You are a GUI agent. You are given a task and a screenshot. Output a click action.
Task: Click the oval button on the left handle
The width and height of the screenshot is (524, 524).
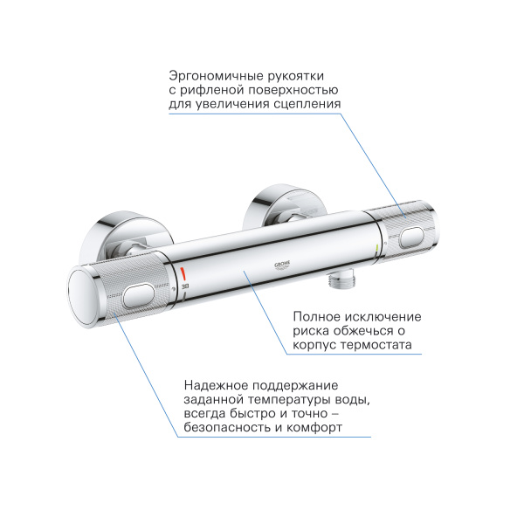[141, 298]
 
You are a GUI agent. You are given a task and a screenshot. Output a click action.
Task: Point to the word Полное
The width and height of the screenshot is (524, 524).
[314, 315]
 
